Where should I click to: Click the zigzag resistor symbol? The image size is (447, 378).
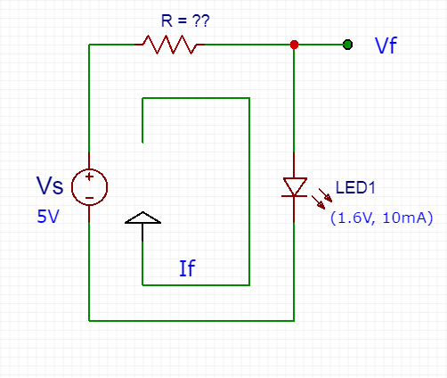click(169, 45)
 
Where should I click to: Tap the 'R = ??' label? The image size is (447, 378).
click(185, 21)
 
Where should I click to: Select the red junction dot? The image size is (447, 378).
click(294, 45)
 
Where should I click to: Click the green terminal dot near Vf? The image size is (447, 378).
click(347, 45)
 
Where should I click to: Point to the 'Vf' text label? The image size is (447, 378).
click(386, 45)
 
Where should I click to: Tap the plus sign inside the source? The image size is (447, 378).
click(89, 177)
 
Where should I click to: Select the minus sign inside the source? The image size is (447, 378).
click(89, 198)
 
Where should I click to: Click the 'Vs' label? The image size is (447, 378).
click(50, 185)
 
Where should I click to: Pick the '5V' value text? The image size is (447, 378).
click(48, 217)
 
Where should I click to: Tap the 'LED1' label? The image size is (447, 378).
click(355, 187)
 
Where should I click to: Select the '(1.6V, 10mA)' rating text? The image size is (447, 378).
click(382, 218)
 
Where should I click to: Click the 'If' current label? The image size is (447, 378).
click(187, 268)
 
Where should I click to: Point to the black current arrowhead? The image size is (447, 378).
click(142, 218)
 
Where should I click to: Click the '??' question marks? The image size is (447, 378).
click(201, 21)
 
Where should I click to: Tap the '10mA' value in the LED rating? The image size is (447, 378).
click(404, 218)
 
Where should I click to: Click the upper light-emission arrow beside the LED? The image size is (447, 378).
click(325, 195)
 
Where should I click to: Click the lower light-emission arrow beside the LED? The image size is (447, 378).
click(318, 202)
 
